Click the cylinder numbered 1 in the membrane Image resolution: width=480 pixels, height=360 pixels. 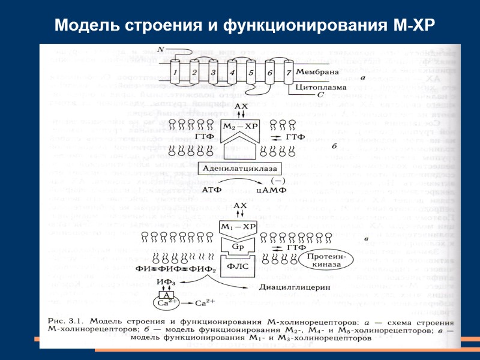[175, 73]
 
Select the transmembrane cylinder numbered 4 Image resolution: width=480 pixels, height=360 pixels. [233, 74]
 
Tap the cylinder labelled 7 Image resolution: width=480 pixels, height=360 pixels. [289, 74]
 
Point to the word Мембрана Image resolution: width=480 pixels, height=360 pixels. [319, 73]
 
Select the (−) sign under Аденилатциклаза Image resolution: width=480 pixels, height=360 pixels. [277, 179]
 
